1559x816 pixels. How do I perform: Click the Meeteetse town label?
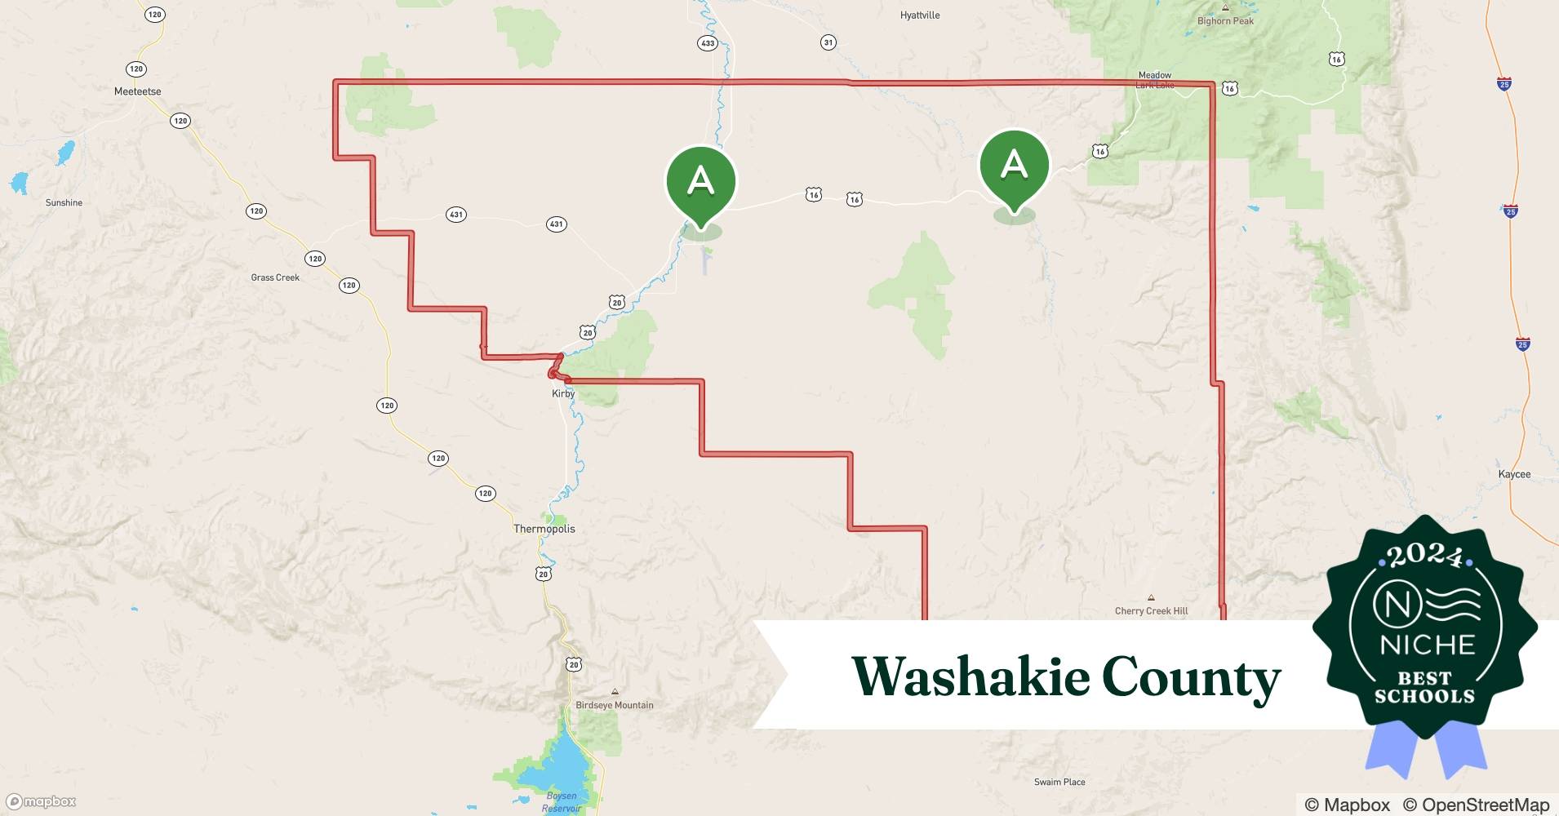[x=137, y=91]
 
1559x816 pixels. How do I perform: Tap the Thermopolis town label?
[x=544, y=529]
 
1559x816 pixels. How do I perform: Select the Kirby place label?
[x=563, y=393]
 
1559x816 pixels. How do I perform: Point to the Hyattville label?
[x=920, y=16]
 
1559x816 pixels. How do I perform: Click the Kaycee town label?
[x=1514, y=474]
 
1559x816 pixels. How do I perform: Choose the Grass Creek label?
[x=275, y=277]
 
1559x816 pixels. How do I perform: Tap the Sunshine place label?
[x=64, y=202]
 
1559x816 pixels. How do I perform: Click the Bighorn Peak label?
[x=1225, y=21]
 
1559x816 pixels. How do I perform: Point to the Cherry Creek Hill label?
[x=1151, y=610]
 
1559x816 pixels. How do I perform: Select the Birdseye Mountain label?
[x=614, y=705]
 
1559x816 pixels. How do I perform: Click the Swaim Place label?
[x=1059, y=782]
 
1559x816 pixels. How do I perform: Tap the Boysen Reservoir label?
[x=562, y=801]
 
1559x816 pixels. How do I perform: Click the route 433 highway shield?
[x=707, y=43]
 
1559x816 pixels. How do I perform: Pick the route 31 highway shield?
[x=828, y=42]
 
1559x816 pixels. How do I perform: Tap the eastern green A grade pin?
[x=1014, y=166]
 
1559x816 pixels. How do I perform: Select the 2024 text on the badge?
[x=1425, y=556]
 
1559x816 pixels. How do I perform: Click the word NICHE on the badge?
[x=1428, y=645]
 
